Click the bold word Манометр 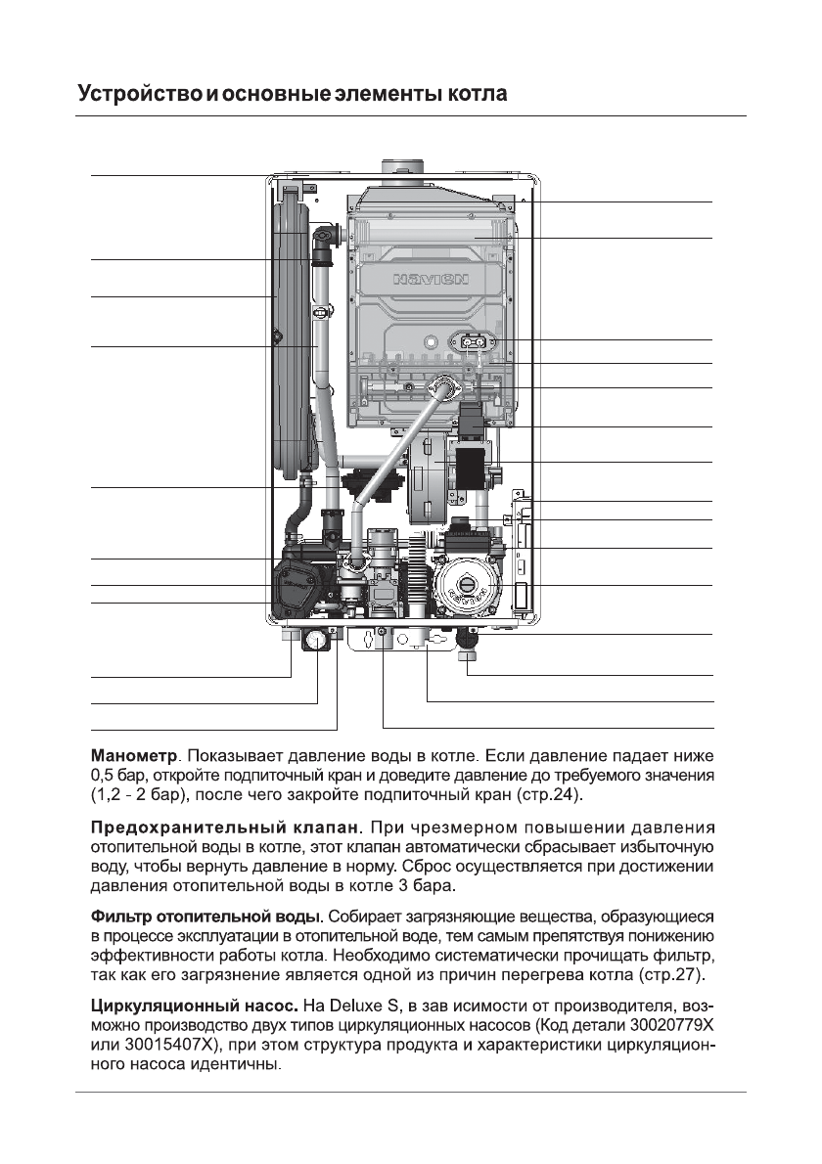click(x=134, y=756)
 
